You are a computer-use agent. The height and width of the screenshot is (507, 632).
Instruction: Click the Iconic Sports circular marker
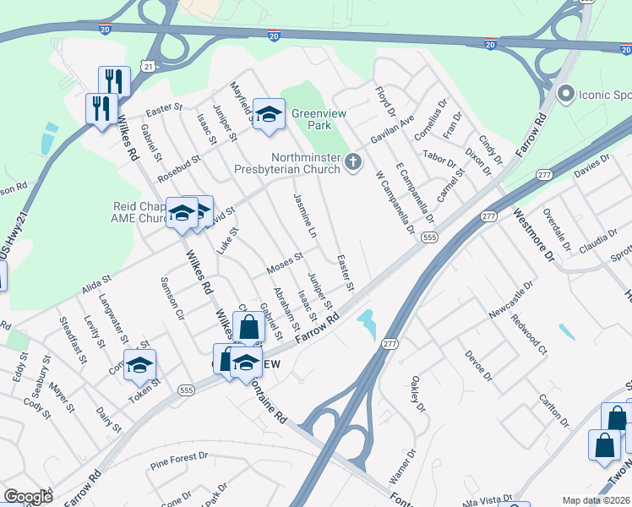pyautogui.click(x=565, y=94)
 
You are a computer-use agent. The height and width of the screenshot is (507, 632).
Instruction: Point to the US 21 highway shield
pyautogui.click(x=150, y=65)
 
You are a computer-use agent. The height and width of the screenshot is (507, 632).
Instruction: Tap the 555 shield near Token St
pyautogui.click(x=187, y=389)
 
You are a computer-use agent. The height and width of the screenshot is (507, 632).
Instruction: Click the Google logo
pyautogui.click(x=28, y=497)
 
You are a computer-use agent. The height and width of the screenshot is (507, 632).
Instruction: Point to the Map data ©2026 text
pyautogui.click(x=596, y=500)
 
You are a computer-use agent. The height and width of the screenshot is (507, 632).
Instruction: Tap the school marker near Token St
pyautogui.click(x=141, y=365)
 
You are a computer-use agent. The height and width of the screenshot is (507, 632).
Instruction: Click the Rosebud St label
pyautogui.click(x=177, y=162)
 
